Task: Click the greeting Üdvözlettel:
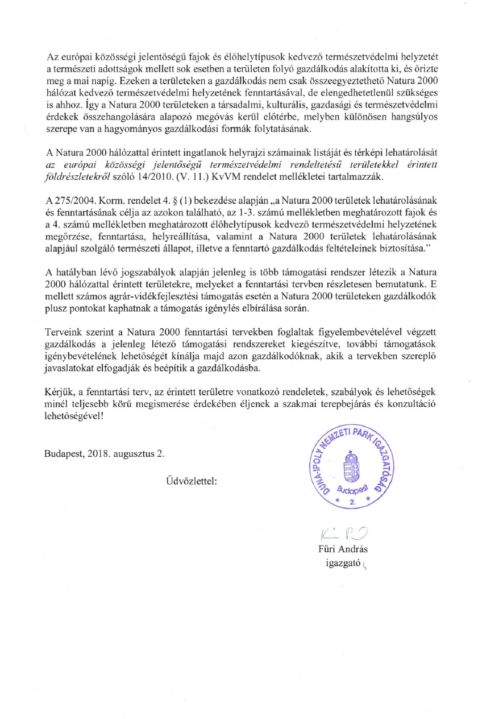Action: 192,481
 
